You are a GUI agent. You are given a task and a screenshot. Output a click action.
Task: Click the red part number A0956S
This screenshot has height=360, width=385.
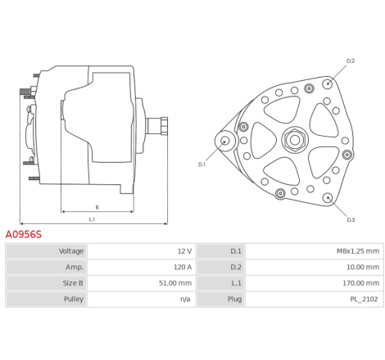[x=24, y=234]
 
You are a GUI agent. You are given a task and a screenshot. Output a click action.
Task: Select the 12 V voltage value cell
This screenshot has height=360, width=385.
[x=184, y=251]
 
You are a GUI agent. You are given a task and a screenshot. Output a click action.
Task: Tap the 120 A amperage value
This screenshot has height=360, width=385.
[x=183, y=267]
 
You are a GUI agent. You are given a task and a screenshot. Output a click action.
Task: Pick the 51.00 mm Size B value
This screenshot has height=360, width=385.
[x=175, y=283]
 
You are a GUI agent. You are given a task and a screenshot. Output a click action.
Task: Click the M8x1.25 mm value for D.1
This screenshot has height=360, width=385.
[x=358, y=251]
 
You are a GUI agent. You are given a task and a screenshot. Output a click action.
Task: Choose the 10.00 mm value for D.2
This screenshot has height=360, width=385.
[x=363, y=267]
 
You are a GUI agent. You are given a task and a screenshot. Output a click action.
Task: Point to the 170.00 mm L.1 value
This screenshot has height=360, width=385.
[x=361, y=283]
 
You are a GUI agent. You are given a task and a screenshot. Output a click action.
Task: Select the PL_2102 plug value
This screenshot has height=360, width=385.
[x=364, y=299]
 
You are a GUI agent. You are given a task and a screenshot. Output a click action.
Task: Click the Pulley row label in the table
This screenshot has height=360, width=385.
[x=74, y=299]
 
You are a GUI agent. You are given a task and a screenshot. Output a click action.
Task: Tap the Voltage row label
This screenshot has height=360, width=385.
[x=71, y=251]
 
